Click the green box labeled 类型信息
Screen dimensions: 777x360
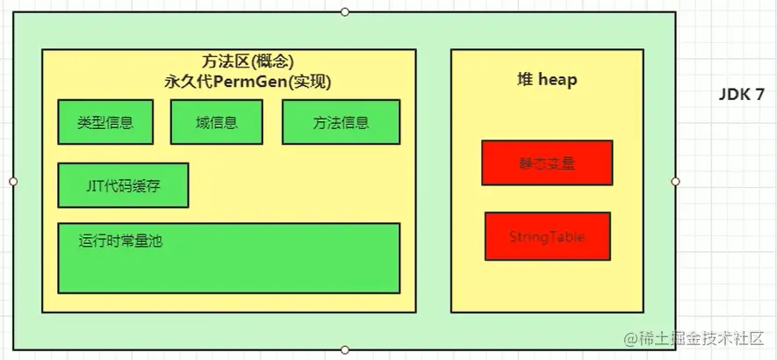pos(105,122)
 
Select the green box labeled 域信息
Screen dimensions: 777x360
pos(216,122)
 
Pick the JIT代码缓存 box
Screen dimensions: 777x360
pos(123,185)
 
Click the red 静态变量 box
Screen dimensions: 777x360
pos(547,162)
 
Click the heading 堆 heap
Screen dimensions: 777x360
pos(547,80)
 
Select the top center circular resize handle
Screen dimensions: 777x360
pos(345,11)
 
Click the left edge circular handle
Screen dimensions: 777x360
pos(13,181)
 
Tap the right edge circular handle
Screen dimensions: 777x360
pos(676,181)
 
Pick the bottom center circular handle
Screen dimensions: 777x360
pos(345,350)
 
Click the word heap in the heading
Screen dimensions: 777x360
pos(558,80)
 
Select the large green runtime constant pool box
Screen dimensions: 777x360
pos(229,257)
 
